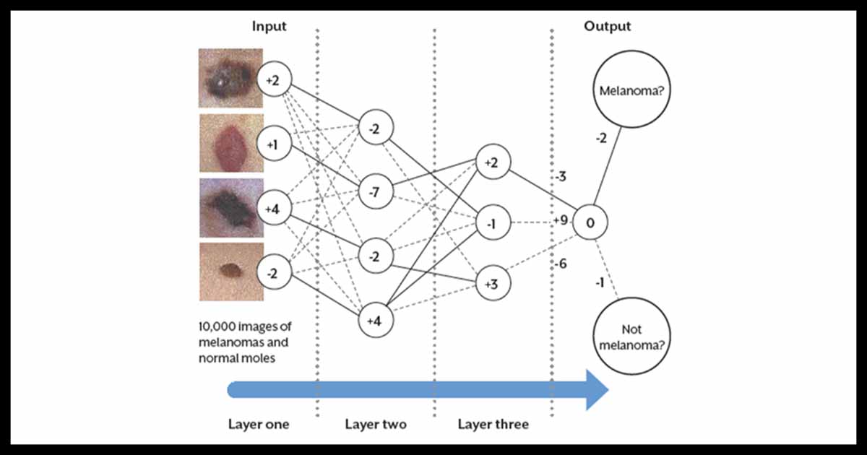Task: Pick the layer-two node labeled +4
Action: click(375, 320)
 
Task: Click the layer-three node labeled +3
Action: click(491, 284)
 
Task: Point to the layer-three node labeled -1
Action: click(491, 224)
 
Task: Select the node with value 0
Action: click(590, 224)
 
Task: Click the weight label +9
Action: click(560, 220)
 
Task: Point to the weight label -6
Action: click(559, 264)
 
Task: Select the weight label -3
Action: click(559, 177)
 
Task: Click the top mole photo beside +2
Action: click(230, 78)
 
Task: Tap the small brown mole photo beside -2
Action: click(230, 272)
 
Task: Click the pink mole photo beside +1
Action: click(230, 142)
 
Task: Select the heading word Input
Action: click(269, 26)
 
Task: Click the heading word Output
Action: click(607, 26)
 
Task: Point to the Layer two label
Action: click(375, 424)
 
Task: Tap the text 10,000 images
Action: click(245, 326)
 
